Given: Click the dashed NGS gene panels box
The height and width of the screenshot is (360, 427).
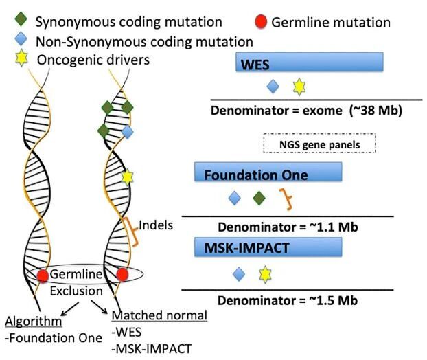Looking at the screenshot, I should [x=321, y=143].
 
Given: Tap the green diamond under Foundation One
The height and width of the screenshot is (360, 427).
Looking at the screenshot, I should [x=258, y=199].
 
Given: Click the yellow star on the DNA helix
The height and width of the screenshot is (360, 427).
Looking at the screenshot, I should [x=126, y=176].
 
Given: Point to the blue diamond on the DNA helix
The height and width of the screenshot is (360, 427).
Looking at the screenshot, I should [x=127, y=131].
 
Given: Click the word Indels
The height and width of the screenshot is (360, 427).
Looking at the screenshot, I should [x=155, y=224].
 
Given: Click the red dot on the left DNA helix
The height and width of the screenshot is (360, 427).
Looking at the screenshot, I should [x=43, y=275].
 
